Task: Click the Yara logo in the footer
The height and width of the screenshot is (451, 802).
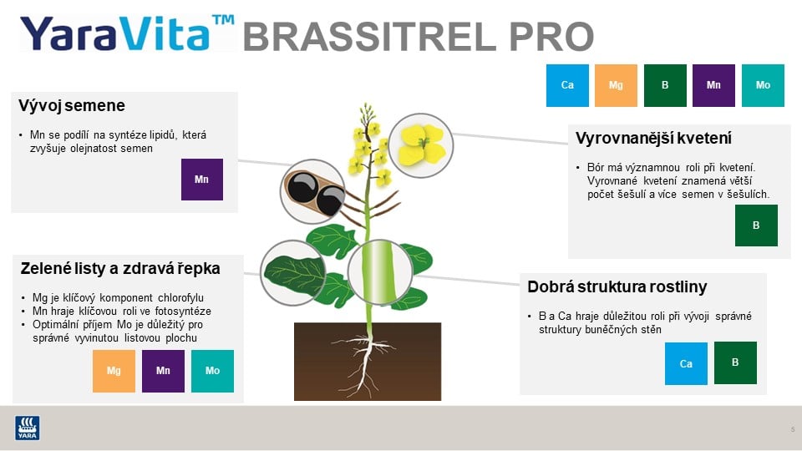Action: click(x=28, y=428)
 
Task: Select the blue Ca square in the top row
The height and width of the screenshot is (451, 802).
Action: click(x=567, y=86)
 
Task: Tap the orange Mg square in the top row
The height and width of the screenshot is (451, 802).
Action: click(x=616, y=86)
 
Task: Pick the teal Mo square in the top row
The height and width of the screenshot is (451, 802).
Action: click(x=763, y=86)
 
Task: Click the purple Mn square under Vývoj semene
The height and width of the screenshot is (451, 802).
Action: click(x=202, y=180)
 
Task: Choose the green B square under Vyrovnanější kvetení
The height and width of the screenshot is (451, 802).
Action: click(x=756, y=225)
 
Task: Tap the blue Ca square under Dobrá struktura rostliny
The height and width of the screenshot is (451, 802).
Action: click(x=686, y=364)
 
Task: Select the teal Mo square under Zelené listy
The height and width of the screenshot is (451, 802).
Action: click(x=212, y=371)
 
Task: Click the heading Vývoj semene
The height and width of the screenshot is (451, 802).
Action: click(x=72, y=106)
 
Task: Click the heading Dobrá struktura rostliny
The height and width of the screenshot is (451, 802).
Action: click(x=617, y=287)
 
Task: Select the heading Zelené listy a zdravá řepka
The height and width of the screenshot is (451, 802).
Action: click(x=120, y=269)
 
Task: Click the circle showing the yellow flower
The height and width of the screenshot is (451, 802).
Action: click(x=423, y=144)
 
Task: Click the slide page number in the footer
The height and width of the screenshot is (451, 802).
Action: click(x=792, y=429)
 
